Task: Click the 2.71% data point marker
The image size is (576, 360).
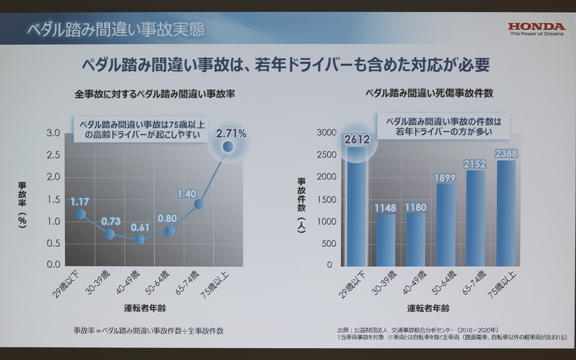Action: pos(228,147)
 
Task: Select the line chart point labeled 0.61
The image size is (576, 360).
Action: pos(139,239)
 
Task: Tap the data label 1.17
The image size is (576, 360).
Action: pos(80,202)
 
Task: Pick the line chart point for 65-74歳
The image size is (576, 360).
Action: pos(199,204)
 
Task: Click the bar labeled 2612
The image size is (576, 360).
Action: pos(357,207)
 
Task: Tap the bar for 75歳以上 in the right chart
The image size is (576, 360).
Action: pos(506,213)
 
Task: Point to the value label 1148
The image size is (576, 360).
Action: pos(385,208)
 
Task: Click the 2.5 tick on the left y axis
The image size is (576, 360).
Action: pos(53,155)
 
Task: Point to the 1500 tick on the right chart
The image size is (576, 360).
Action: pos(326,199)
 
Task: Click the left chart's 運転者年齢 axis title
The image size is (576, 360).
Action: pos(145,308)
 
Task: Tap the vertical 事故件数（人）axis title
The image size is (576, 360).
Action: pos(301,205)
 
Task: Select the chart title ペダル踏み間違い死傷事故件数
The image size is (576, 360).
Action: pos(429,93)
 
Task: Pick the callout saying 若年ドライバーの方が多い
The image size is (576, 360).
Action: pos(443,126)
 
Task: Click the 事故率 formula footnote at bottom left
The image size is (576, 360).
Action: pos(148,331)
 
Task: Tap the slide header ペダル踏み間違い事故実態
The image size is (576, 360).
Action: pos(116,29)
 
